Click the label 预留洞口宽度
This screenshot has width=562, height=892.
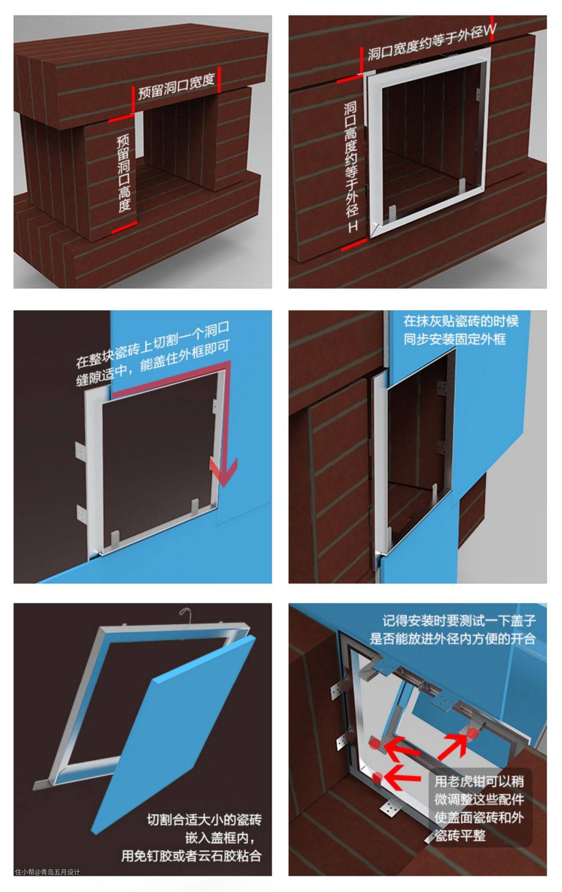[x=176, y=87]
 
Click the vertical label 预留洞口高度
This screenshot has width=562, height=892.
[x=123, y=174]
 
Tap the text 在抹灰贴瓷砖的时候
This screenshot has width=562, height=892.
[x=461, y=321]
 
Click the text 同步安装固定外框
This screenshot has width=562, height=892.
[x=455, y=339]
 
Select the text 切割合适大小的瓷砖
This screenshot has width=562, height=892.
[x=204, y=820]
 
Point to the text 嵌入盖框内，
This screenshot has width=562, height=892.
[x=221, y=838]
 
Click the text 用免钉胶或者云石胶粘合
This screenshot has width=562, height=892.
[x=191, y=856]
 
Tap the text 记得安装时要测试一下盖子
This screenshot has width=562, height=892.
[x=459, y=621]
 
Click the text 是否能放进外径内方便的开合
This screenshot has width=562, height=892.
[x=453, y=638]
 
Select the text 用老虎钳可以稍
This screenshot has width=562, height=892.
[x=479, y=781]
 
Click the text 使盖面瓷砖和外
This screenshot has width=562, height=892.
[x=479, y=818]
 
